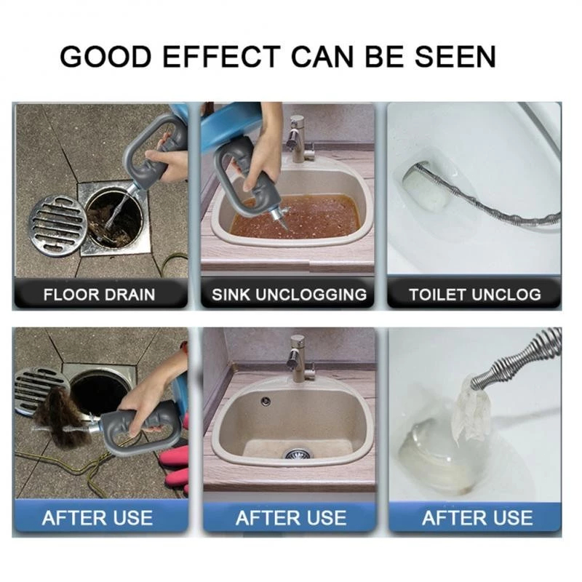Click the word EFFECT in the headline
221,57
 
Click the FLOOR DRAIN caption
99,295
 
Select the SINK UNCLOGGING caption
289,295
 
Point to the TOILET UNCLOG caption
475,295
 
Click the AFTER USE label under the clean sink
291,518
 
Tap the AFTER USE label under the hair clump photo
97,518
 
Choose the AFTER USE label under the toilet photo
477,518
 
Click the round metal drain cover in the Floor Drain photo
58,226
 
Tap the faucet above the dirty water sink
300,139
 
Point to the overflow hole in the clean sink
266,401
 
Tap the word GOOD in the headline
106,57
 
